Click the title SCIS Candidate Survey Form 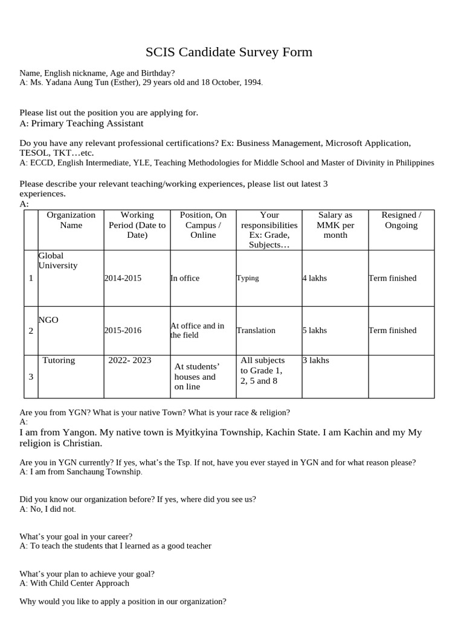[229, 52]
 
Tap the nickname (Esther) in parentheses [123, 83]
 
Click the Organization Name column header [71, 220]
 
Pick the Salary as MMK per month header [335, 225]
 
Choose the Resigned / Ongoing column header [401, 220]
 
